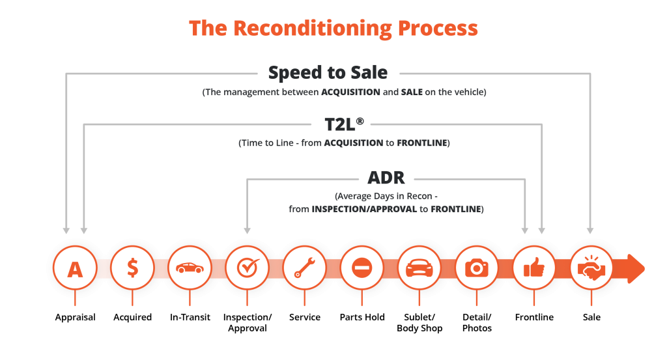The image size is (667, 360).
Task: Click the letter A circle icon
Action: click(x=75, y=268)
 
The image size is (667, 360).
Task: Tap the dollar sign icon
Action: click(x=132, y=268)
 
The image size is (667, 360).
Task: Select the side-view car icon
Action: click(x=190, y=268)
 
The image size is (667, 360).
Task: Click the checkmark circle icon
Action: click(x=247, y=268)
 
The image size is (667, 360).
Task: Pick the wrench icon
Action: click(x=304, y=268)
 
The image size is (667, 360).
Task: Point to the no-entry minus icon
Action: click(x=362, y=268)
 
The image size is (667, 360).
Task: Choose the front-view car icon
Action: click(x=419, y=268)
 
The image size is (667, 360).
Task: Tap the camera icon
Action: click(x=476, y=268)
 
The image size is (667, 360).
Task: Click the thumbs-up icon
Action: click(x=533, y=268)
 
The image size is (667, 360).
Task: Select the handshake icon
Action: click(x=591, y=268)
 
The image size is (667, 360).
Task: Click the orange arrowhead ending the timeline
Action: click(x=637, y=268)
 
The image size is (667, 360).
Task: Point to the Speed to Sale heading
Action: click(x=328, y=72)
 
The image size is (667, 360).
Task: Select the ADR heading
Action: click(x=386, y=177)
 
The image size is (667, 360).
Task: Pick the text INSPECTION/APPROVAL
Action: click(x=365, y=209)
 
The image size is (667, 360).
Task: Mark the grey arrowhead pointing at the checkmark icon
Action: click(x=247, y=229)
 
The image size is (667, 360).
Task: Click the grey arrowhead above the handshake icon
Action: click(x=590, y=229)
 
